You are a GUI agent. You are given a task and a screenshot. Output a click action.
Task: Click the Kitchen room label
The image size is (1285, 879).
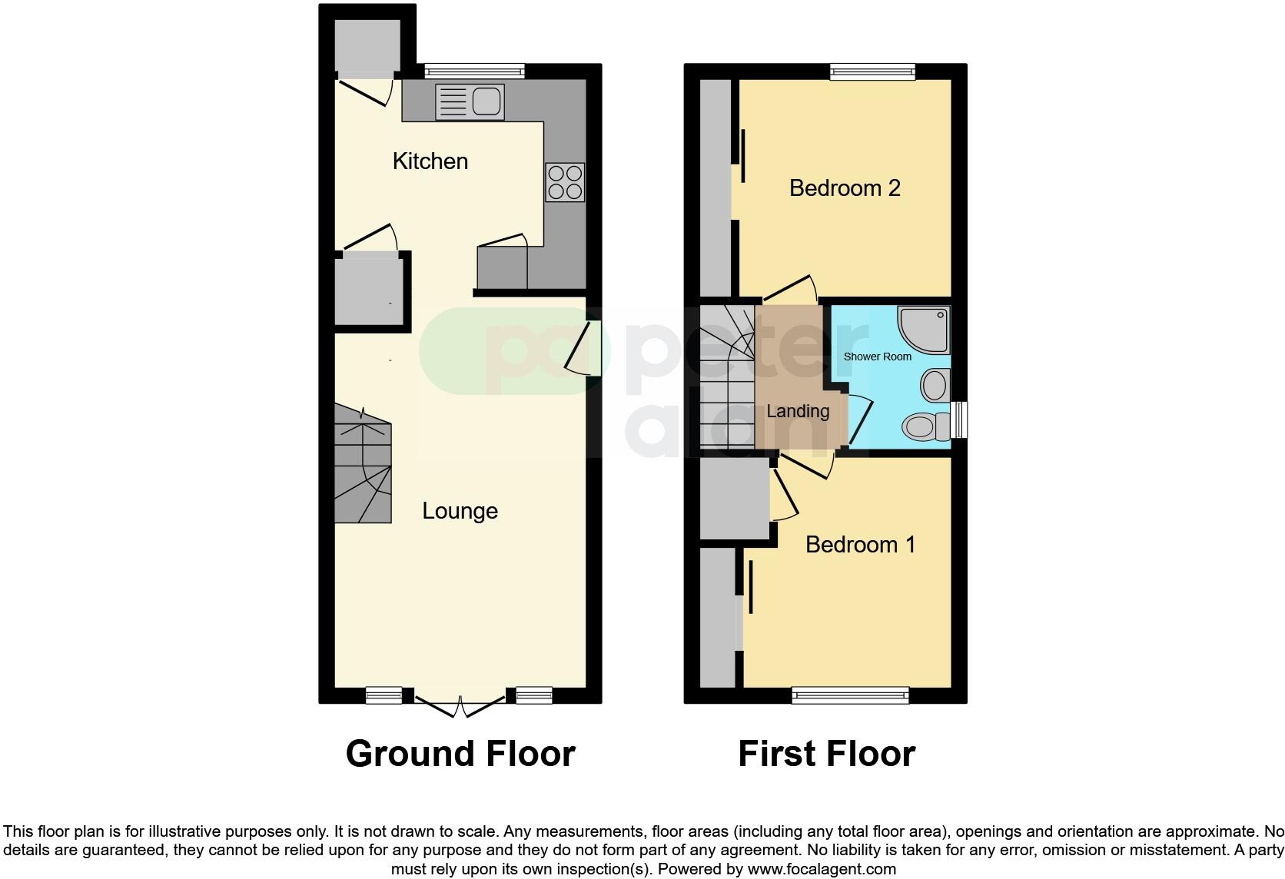pos(430,161)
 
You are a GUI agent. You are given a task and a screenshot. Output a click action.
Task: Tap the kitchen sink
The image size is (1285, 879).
pos(469,102)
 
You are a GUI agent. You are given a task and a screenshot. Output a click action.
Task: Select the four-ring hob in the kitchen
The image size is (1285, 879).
pos(565,182)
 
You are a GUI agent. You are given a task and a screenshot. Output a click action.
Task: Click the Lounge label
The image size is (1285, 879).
pos(460,511)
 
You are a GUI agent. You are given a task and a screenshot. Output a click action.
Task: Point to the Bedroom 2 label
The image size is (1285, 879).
pos(845,188)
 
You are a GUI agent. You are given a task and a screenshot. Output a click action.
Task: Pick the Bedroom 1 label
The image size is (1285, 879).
pos(860,545)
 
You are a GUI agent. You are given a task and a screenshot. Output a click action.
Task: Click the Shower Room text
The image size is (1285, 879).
pos(877,357)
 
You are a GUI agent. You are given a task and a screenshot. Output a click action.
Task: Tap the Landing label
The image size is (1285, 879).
pos(798,411)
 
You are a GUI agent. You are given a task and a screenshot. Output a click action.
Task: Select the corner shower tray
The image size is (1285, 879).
pos(925,329)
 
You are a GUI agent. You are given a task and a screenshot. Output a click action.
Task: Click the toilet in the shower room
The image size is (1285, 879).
pos(928,426)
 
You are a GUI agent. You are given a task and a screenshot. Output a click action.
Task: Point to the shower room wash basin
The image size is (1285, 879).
pos(935,384)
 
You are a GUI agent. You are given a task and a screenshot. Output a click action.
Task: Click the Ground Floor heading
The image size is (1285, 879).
pos(460,754)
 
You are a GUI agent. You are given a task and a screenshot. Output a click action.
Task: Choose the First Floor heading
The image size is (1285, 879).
pos(826,754)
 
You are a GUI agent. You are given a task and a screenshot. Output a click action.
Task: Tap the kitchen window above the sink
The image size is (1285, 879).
pos(474,71)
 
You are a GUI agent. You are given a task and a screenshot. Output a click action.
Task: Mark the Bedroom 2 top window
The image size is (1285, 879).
pos(872,71)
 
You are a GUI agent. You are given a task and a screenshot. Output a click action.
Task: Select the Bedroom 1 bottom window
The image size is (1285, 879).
pos(850,695)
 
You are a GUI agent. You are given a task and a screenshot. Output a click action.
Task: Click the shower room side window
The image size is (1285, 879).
pos(958,420)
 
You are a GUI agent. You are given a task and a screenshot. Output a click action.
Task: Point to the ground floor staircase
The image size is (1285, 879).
pos(363,466)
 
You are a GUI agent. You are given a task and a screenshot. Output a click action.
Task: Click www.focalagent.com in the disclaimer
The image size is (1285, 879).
pos(822,870)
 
